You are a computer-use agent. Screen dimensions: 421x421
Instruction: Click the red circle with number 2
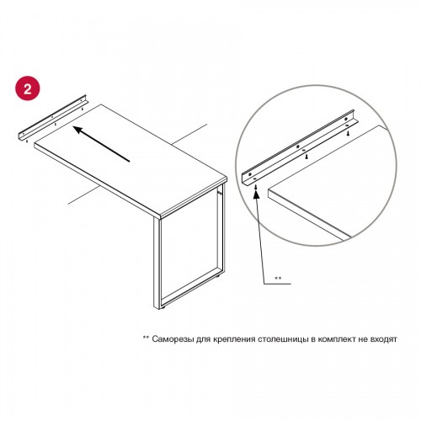[x=28, y=88]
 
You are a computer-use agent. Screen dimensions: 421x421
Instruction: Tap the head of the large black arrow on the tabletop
[x=78, y=130]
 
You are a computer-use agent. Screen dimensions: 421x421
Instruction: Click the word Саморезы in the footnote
[x=173, y=339]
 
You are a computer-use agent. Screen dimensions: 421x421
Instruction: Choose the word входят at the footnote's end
[x=384, y=339]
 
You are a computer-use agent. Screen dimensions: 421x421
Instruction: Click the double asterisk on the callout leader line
[x=278, y=278]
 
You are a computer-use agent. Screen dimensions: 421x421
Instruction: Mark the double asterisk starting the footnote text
[x=146, y=338]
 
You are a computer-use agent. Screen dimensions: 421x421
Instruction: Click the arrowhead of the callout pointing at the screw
[x=256, y=195]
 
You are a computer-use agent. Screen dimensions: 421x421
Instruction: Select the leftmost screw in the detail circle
[x=255, y=187]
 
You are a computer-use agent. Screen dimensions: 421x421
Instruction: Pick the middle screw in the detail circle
[x=306, y=157]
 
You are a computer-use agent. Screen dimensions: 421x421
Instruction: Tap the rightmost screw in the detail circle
[x=348, y=133]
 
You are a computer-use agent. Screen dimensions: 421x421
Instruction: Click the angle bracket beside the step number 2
[x=52, y=119]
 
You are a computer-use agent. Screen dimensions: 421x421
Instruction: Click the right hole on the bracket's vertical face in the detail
[x=345, y=120]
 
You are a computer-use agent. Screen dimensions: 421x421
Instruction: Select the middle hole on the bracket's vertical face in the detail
[x=298, y=147]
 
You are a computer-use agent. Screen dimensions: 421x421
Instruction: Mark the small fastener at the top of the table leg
[x=219, y=193]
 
